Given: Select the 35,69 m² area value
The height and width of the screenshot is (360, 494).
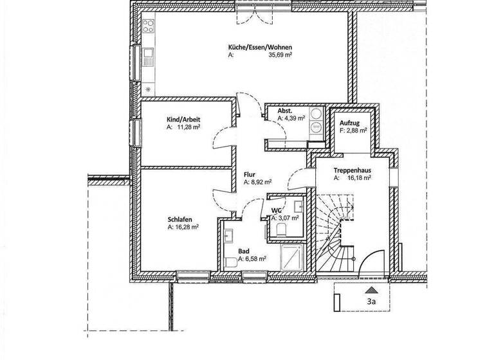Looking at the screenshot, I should (x=280, y=55).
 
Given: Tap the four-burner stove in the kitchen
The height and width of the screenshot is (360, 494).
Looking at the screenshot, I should (x=148, y=27).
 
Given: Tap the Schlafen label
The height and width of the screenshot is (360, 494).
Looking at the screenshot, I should (x=179, y=219).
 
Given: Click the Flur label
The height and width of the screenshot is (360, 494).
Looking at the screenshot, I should (x=250, y=174).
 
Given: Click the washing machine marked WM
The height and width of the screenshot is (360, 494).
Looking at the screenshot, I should (x=316, y=127).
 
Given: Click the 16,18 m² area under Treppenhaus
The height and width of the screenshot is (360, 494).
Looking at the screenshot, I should (x=358, y=178).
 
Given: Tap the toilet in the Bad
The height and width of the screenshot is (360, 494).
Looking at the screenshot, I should (x=230, y=263).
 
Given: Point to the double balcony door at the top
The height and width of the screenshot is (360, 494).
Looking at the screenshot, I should (x=250, y=7).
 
